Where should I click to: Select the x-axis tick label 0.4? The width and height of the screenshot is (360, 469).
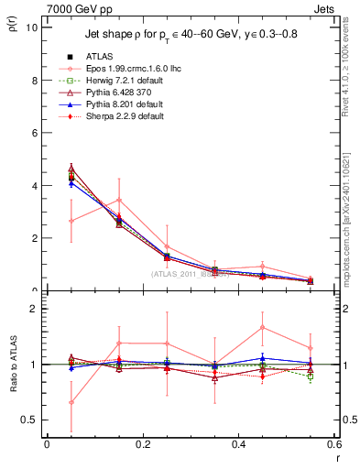point(238,444)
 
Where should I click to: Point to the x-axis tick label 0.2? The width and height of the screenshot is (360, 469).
point(142,444)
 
